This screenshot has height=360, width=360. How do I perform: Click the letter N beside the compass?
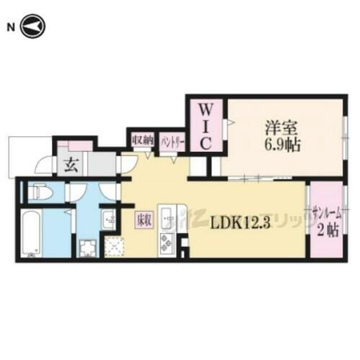click(10, 27)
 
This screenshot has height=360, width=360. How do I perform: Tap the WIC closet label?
click(204, 127)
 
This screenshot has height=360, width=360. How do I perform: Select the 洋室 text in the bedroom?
click(277, 125)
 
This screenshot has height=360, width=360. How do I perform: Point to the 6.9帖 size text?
click(279, 143)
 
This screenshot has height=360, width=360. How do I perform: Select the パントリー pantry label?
click(171, 139)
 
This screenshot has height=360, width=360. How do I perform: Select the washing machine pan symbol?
click(88, 249)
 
